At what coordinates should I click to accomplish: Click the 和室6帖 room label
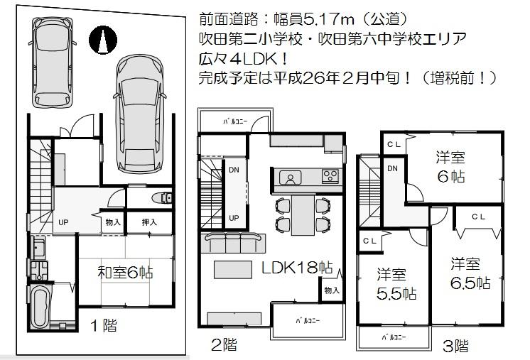(x=125, y=271)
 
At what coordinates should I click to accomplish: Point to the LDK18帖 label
(x=296, y=268)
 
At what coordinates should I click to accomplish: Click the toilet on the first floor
(x=161, y=197)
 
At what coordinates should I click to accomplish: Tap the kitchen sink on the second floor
(x=289, y=176)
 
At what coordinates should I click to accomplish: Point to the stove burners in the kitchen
(x=331, y=175)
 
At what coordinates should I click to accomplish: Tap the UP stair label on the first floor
(x=63, y=222)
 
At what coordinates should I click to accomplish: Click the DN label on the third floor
(x=392, y=168)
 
